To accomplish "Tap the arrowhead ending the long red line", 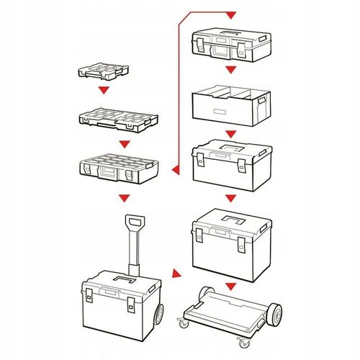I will pos(230,14).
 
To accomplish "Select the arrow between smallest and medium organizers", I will pos(105,91).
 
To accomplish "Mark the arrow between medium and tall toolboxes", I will pos(230,197).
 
